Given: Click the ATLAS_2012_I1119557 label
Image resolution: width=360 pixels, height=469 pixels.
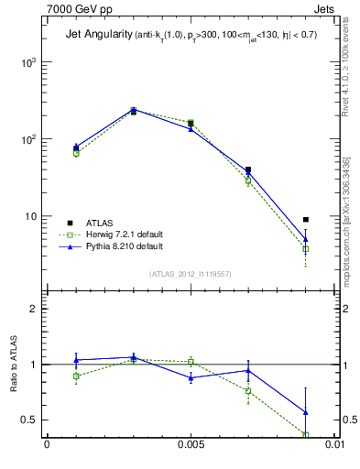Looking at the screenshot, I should (191, 274).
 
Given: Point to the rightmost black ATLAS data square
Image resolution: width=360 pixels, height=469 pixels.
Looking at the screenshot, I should (305, 220).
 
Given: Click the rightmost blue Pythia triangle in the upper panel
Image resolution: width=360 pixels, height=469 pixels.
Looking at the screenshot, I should (305, 239).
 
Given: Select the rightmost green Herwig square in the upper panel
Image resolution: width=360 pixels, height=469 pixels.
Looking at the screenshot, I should (305, 249).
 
